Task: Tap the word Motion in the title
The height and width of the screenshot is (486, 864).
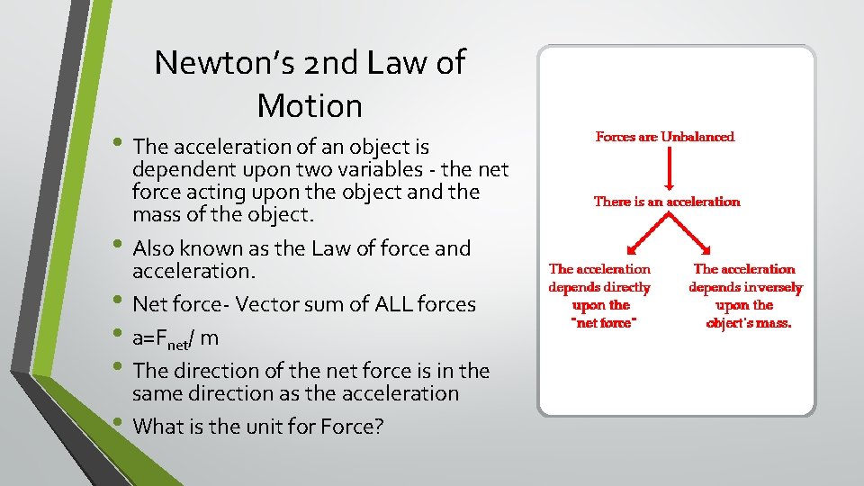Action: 309,106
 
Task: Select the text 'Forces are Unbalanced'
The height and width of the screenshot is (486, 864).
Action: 665,137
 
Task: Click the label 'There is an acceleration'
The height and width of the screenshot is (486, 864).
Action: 667,202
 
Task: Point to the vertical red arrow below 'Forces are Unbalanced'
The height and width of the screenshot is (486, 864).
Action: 667,168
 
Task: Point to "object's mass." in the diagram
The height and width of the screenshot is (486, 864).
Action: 749,323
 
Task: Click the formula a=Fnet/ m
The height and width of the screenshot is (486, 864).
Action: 175,339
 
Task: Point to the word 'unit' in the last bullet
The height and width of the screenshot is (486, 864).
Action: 255,426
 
